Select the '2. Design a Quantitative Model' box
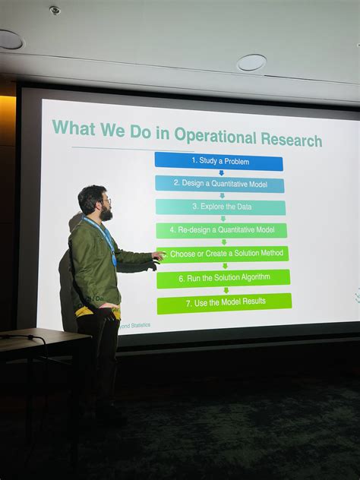click(x=219, y=184)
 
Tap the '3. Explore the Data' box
click(x=221, y=207)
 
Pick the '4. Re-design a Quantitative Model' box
click(x=222, y=230)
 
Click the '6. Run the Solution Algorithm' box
click(x=223, y=278)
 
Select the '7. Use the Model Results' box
click(x=224, y=303)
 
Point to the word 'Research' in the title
click(x=291, y=140)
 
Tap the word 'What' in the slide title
click(x=74, y=128)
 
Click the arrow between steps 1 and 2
click(x=221, y=173)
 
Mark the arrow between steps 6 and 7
click(x=226, y=290)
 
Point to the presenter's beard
click(x=106, y=213)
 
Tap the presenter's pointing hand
click(x=158, y=256)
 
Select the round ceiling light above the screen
click(x=251, y=62)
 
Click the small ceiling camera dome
click(x=55, y=11)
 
